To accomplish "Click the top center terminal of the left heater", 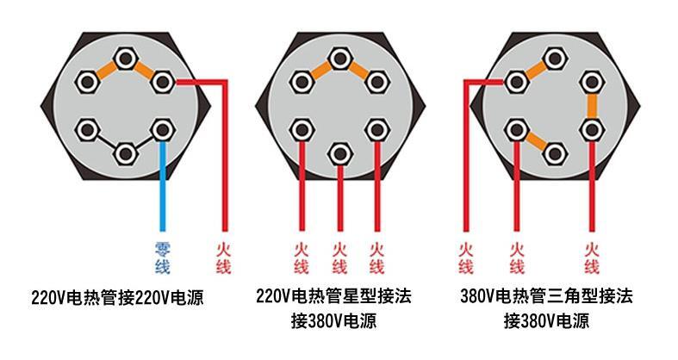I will pos(126,59).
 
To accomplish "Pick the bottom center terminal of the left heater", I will pos(126,153).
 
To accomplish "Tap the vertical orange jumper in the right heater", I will pos(591,106).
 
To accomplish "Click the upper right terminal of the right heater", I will pos(591,83).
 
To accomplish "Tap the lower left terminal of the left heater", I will pos(87,129).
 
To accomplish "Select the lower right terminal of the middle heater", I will pos(376,129).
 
